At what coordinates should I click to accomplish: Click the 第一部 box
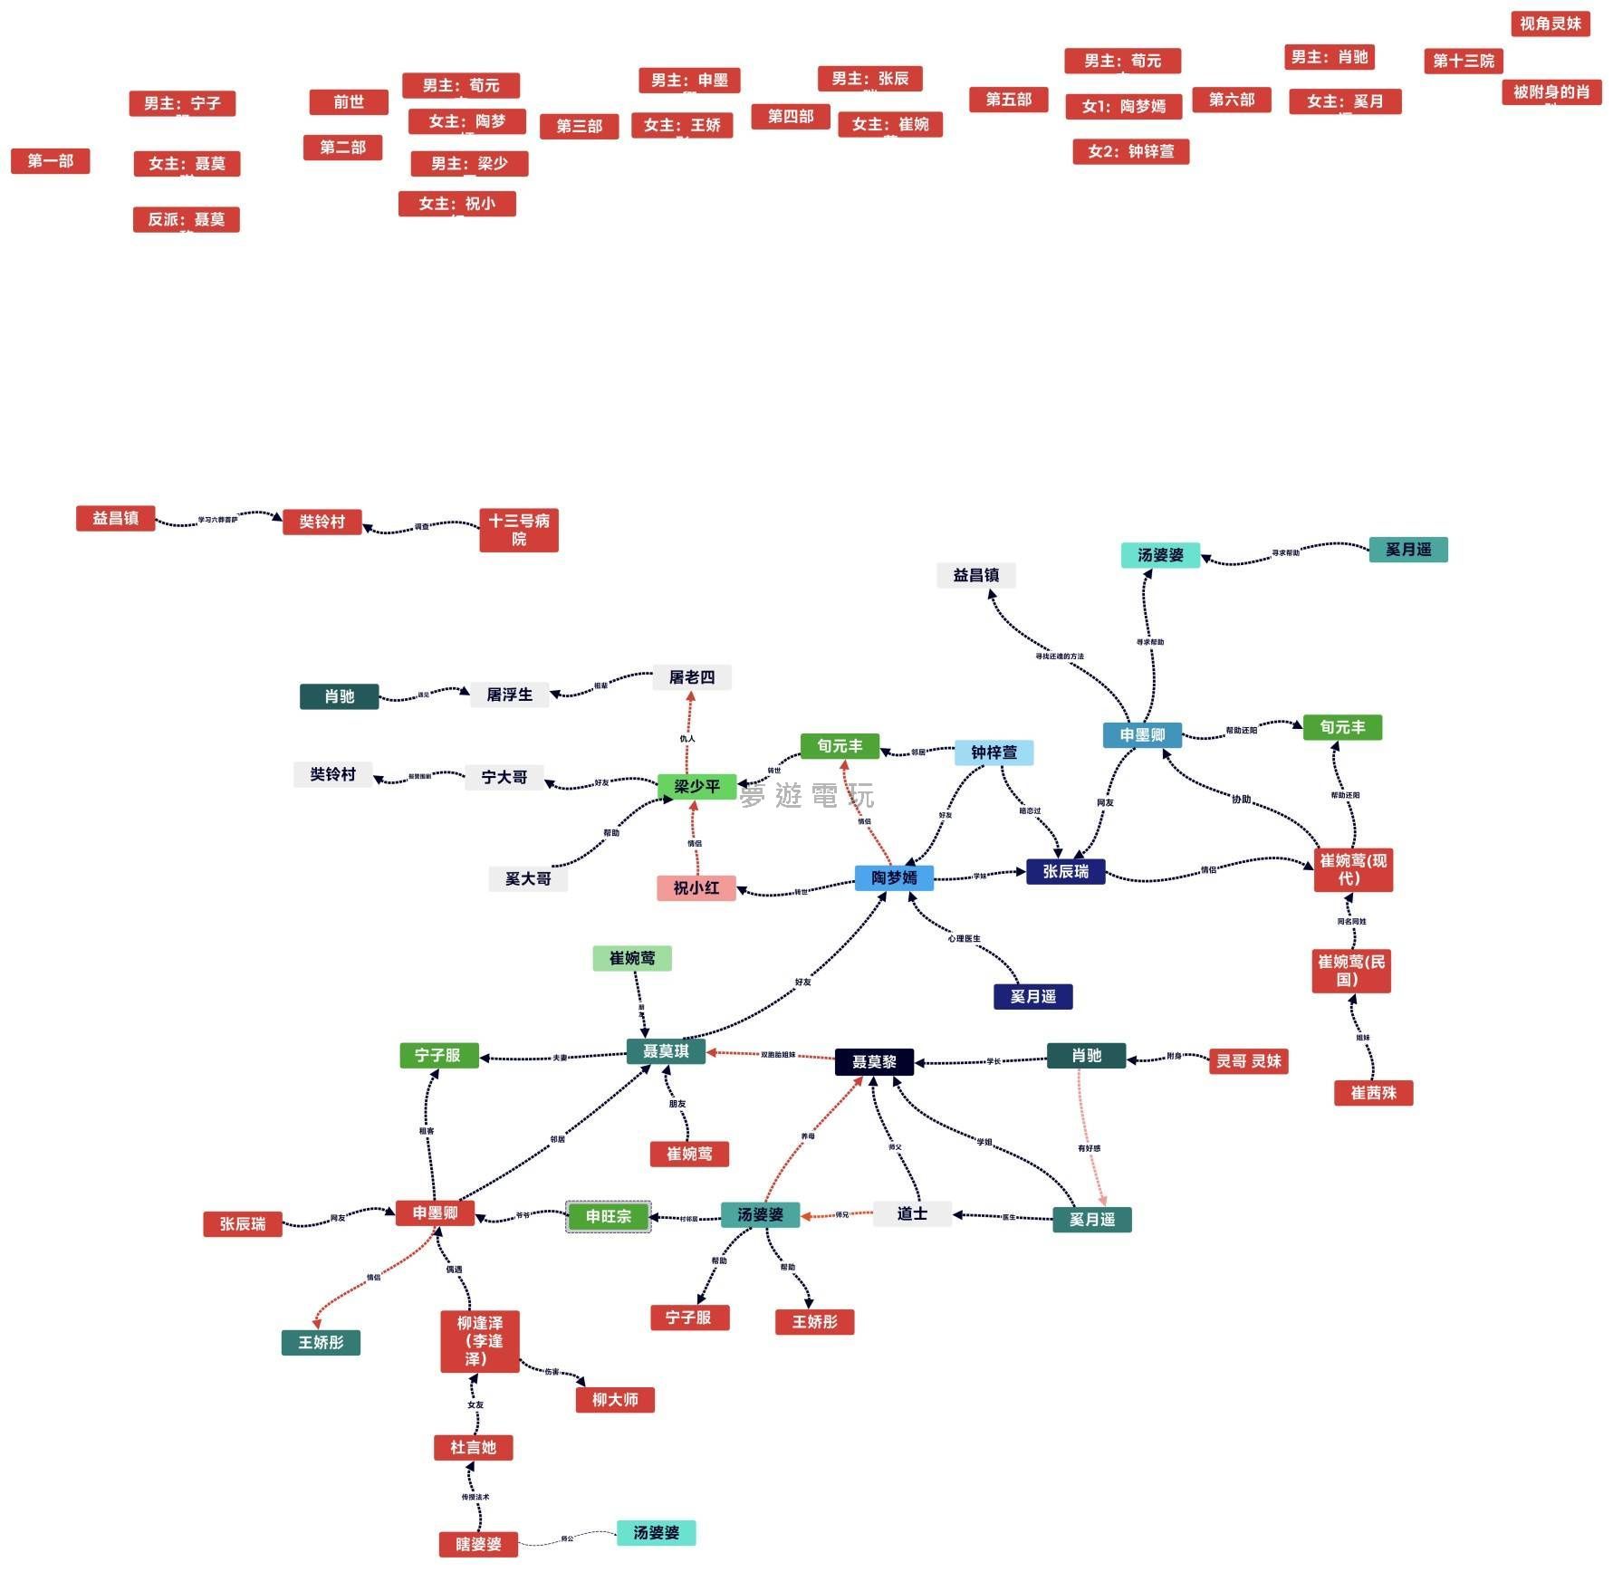pyautogui.click(x=50, y=161)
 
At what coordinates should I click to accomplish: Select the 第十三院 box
pyautogui.click(x=1463, y=61)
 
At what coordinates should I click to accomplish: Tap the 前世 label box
pyautogui.click(x=349, y=102)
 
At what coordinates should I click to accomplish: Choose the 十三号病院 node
pyautogui.click(x=518, y=530)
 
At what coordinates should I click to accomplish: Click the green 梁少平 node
pyautogui.click(x=696, y=786)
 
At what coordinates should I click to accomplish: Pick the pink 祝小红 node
pyautogui.click(x=696, y=887)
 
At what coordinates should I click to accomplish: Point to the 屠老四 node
pyautogui.click(x=692, y=677)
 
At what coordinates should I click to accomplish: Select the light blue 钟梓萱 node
pyautogui.click(x=994, y=752)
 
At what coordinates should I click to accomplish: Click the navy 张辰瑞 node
pyautogui.click(x=1065, y=871)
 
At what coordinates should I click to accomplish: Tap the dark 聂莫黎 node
pyautogui.click(x=874, y=1061)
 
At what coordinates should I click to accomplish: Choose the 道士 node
pyautogui.click(x=912, y=1213)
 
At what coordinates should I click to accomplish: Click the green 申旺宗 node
pyautogui.click(x=608, y=1216)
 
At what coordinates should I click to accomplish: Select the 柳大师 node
pyautogui.click(x=615, y=1399)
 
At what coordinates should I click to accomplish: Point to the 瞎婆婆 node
pyautogui.click(x=478, y=1544)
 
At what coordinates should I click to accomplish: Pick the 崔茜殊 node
pyautogui.click(x=1373, y=1093)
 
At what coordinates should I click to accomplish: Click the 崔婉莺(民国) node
pyautogui.click(x=1350, y=970)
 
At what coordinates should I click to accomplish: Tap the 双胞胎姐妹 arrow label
pyautogui.click(x=778, y=1055)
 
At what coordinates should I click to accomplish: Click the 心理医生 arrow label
pyautogui.click(x=964, y=938)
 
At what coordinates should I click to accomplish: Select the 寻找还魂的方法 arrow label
pyautogui.click(x=1059, y=657)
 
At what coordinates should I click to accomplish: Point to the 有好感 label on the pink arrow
pyautogui.click(x=1089, y=1148)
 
